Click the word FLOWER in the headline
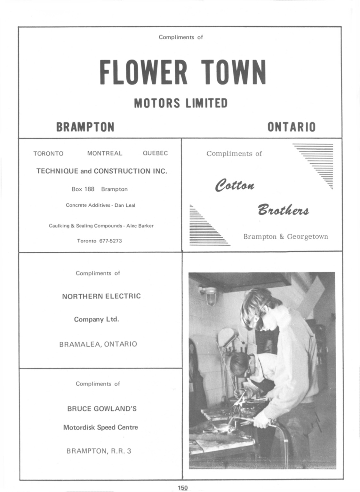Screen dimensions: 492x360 (x=143, y=72)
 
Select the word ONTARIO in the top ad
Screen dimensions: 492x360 (x=291, y=127)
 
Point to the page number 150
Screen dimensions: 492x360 (x=182, y=488)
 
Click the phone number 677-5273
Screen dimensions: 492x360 (x=110, y=241)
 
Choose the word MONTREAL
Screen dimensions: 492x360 (x=105, y=154)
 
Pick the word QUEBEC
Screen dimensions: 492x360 (x=155, y=154)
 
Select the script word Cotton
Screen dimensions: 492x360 (x=235, y=186)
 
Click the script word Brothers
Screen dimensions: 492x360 (x=283, y=210)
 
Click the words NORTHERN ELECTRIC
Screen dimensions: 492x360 (x=101, y=296)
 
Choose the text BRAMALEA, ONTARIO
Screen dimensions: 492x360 (x=98, y=344)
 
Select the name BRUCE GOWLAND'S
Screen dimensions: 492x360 (x=102, y=409)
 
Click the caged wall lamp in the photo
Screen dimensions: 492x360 (x=211, y=296)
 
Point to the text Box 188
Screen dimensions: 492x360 (x=83, y=189)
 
